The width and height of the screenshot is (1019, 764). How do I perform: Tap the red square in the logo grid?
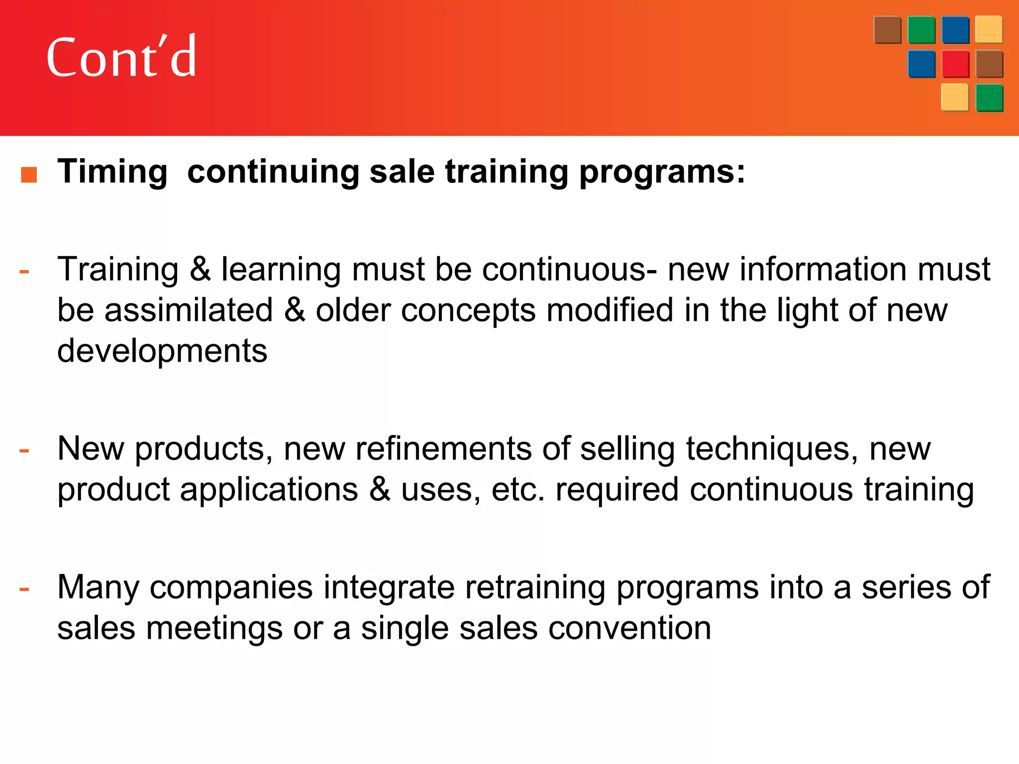point(955,64)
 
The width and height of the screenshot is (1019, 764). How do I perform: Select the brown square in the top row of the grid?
point(887,30)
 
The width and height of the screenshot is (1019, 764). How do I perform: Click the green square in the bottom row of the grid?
point(989,97)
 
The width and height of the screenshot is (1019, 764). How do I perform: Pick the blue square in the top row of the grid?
point(955,30)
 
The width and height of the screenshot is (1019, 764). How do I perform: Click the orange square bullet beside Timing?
point(29,175)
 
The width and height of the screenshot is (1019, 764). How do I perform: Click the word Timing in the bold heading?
point(112,172)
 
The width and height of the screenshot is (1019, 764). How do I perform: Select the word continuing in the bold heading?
point(273,172)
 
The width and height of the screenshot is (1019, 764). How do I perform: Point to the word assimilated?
point(189,310)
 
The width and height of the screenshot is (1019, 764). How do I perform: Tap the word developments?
point(162,351)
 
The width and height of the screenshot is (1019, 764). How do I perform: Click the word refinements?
point(443,449)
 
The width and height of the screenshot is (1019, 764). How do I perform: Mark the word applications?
point(269,489)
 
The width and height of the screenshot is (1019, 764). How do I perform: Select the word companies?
point(231,587)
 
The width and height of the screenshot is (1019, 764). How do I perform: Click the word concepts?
point(468,310)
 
